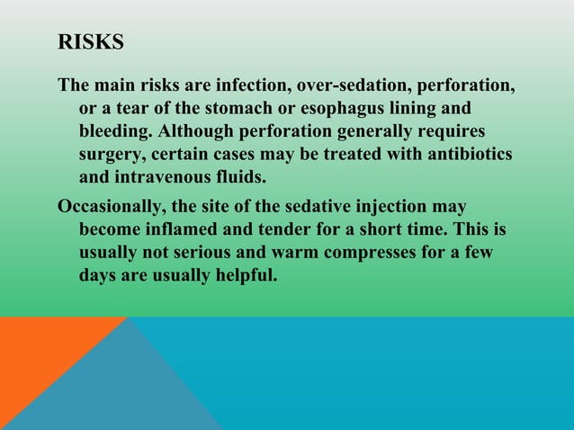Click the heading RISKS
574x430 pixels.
pos(91,42)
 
